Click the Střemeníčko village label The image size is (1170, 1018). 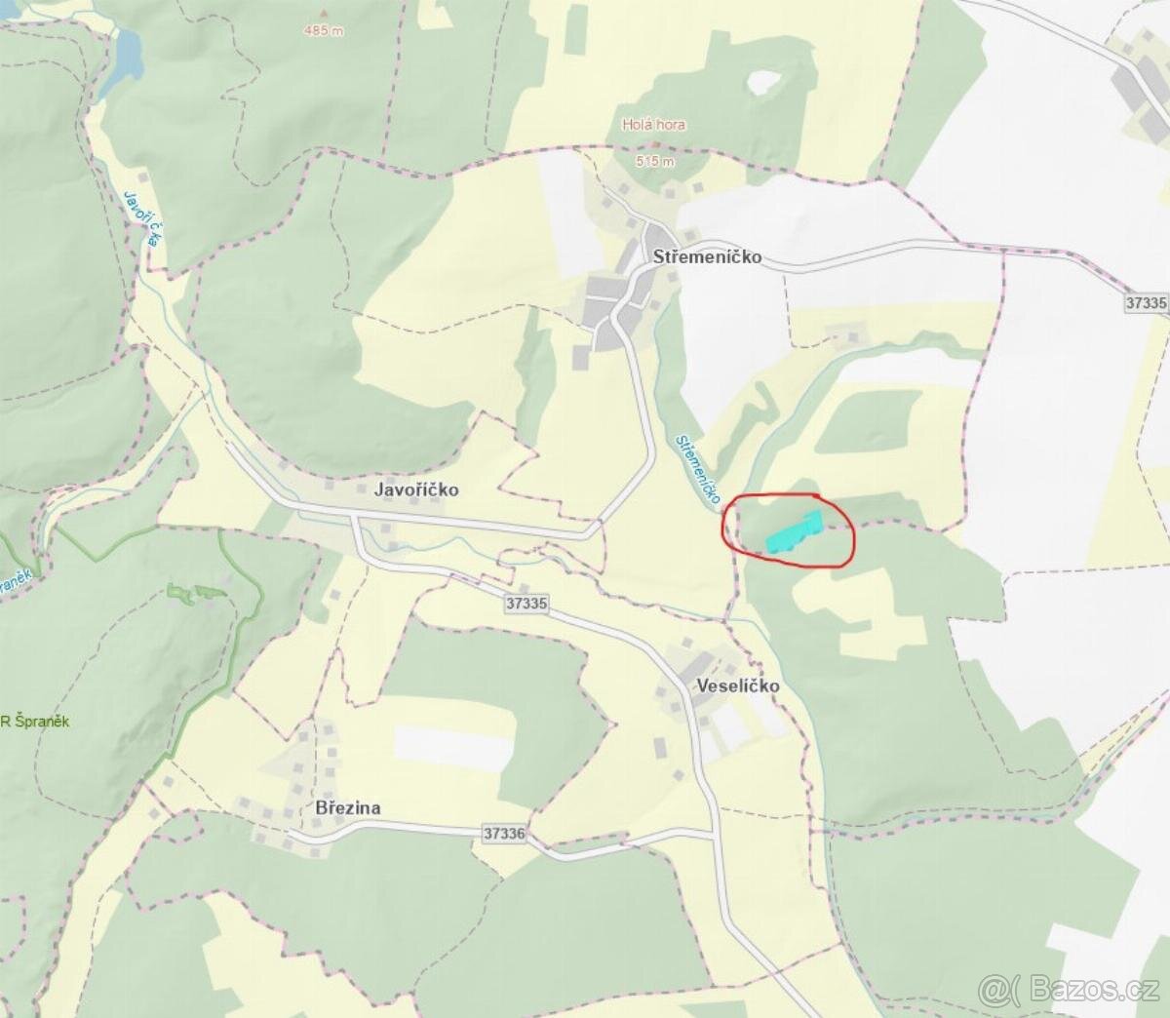707,258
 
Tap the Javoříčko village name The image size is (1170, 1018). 416,489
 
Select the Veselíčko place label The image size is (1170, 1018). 738,685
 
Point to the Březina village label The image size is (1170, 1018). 348,808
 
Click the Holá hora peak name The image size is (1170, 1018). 653,125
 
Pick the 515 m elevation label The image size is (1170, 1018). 654,161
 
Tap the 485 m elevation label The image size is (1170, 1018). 324,31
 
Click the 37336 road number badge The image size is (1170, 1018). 504,834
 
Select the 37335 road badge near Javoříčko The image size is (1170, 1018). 526,604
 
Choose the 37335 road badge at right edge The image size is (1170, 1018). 1146,302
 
